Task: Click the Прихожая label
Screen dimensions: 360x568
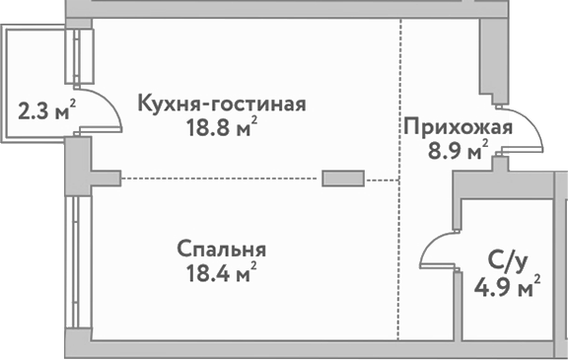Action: (457, 128)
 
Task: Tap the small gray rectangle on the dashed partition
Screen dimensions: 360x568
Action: (343, 179)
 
